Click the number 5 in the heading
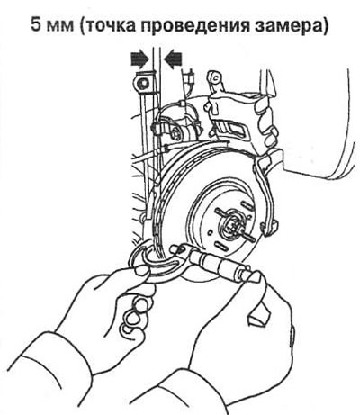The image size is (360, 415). point(38,25)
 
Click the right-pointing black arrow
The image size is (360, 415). point(139,59)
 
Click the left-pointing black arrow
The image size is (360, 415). point(173,59)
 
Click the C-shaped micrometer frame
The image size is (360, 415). point(156,261)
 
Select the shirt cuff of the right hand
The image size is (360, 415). point(192,393)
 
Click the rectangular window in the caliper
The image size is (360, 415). point(237,129)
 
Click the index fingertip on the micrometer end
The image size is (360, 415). point(255,276)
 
